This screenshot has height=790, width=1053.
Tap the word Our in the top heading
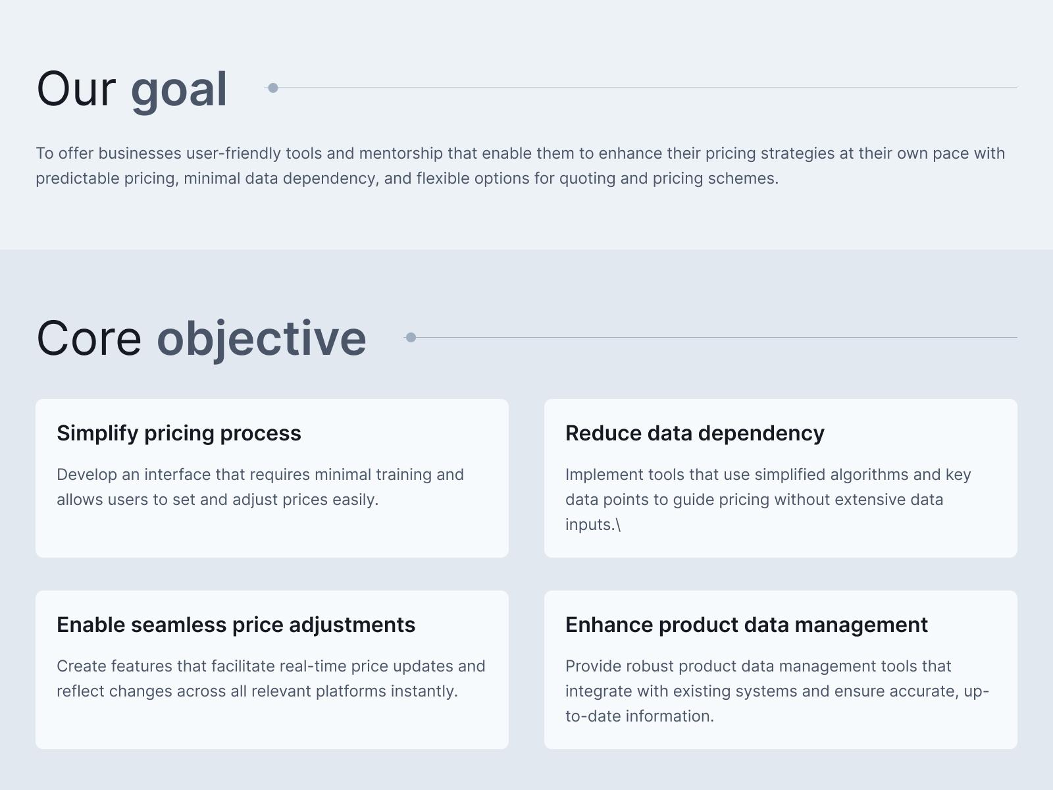pyautogui.click(x=76, y=90)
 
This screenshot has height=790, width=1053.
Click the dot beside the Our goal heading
pyautogui.click(x=273, y=88)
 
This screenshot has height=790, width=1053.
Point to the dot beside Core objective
pyautogui.click(x=411, y=338)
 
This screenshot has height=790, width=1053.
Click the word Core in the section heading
pyautogui.click(x=89, y=338)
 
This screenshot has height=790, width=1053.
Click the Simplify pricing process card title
pyautogui.click(x=179, y=434)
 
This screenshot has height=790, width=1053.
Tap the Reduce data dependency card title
pyautogui.click(x=694, y=434)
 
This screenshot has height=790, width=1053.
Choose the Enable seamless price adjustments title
pyautogui.click(x=236, y=625)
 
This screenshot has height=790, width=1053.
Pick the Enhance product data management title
pyautogui.click(x=746, y=625)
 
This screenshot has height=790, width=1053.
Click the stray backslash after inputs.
pyautogui.click(x=618, y=525)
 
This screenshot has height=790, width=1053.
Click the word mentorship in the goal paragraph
pyautogui.click(x=401, y=154)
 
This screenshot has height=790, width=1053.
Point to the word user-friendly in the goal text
pyautogui.click(x=234, y=153)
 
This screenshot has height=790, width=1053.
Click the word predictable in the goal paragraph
pyautogui.click(x=78, y=179)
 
